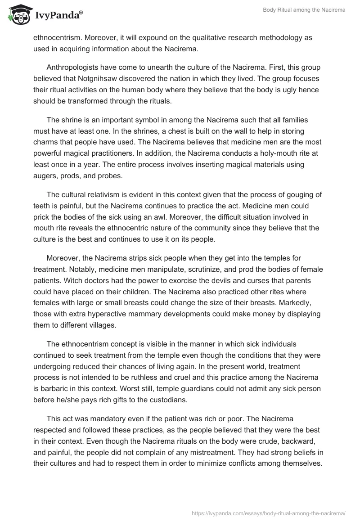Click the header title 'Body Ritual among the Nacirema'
click(304, 10)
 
